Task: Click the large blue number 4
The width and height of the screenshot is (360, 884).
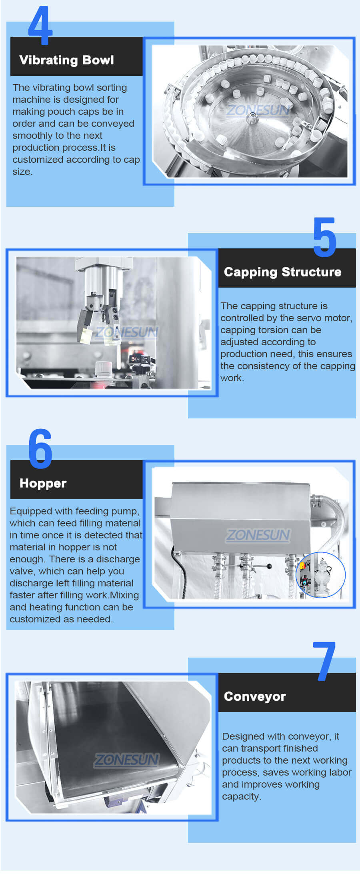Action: [40, 26]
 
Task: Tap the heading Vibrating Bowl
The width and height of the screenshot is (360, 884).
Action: [66, 60]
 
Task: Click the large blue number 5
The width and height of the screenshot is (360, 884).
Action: [324, 237]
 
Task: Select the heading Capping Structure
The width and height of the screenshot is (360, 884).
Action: [282, 272]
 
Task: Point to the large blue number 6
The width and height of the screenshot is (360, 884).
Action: [40, 449]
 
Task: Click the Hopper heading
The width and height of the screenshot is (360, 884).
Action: [43, 483]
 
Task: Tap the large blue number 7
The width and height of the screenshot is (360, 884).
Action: [324, 662]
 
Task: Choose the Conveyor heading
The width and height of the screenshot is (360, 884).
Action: [255, 696]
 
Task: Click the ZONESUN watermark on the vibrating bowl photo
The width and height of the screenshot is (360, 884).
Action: [258, 110]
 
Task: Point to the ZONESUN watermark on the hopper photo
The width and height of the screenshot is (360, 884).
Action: [258, 535]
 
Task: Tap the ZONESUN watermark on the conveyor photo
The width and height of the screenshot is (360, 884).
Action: [126, 759]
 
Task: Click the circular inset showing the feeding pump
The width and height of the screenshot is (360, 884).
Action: [320, 575]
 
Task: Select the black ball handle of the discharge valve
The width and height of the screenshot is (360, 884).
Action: [269, 566]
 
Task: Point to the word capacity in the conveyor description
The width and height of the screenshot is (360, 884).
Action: [241, 796]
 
